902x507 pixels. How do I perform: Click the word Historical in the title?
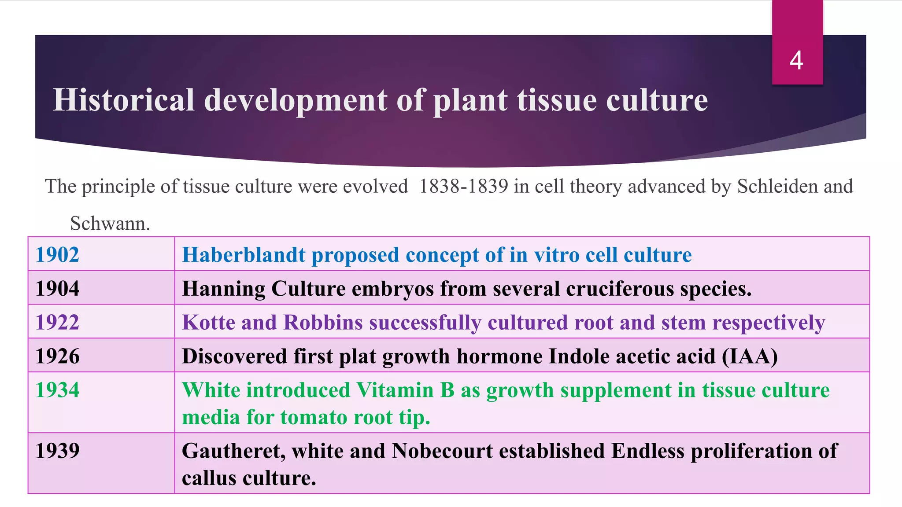124,100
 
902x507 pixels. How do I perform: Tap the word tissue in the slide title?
557,100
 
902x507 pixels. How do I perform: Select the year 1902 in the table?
57,255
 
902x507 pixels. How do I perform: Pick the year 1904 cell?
57,289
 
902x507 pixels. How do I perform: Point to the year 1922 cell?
57,323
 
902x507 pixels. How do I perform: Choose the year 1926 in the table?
57,356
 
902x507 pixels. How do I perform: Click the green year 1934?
57,390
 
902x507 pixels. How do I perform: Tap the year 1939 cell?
57,451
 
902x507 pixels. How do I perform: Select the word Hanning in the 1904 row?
223,289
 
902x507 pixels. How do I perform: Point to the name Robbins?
323,323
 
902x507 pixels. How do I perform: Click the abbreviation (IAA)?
750,356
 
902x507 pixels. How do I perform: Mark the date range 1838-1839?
463,187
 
